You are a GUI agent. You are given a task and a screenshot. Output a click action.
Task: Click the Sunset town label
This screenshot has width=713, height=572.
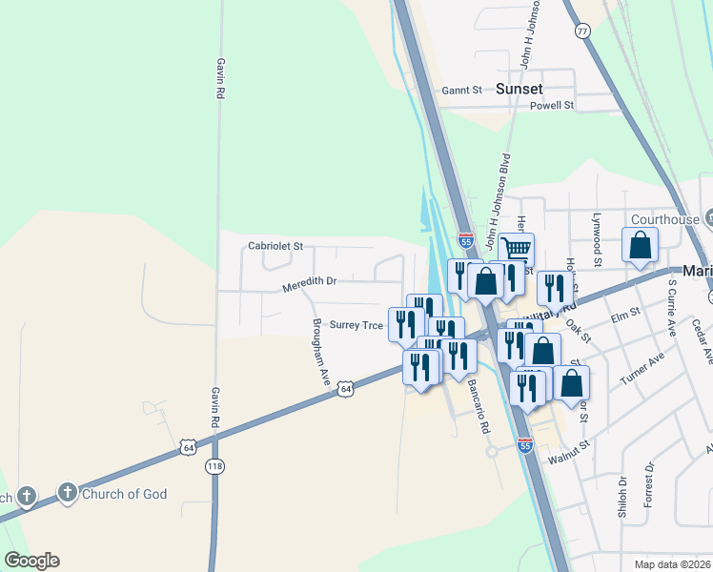pyautogui.click(x=519, y=89)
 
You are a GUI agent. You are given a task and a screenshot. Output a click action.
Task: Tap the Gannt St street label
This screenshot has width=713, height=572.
pyautogui.click(x=462, y=91)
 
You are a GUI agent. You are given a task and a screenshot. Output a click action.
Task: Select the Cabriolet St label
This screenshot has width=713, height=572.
pyautogui.click(x=275, y=246)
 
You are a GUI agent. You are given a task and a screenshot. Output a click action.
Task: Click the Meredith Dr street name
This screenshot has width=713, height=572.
pyautogui.click(x=310, y=282)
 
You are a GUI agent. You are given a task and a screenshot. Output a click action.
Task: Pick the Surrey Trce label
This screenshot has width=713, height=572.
pyautogui.click(x=356, y=325)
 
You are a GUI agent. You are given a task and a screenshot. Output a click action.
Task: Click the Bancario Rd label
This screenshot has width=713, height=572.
pyautogui.click(x=478, y=406)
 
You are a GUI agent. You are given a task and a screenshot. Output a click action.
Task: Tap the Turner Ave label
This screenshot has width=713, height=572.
pyautogui.click(x=642, y=364)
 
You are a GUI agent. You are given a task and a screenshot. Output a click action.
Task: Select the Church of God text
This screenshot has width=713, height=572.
pyautogui.click(x=125, y=494)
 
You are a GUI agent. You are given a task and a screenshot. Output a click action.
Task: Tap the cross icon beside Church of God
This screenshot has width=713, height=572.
pyautogui.click(x=68, y=493)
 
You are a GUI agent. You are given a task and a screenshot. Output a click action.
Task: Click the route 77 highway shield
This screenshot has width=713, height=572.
pyautogui.click(x=582, y=31)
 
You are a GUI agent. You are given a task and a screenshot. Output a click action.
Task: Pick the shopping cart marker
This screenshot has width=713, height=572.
pyautogui.click(x=516, y=250)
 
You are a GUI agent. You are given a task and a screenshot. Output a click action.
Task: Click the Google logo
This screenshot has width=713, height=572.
pyautogui.click(x=31, y=561)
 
